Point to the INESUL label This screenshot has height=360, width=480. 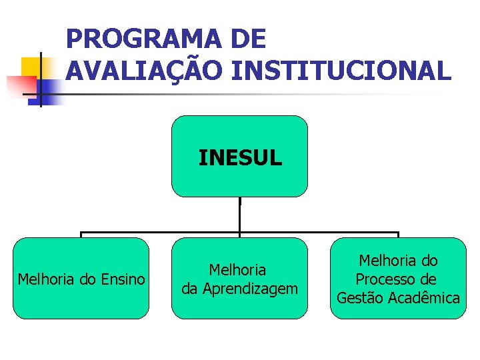(240, 158)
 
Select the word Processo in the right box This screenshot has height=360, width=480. (386, 279)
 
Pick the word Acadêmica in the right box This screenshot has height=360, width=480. (423, 297)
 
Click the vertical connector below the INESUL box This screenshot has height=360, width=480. (240, 215)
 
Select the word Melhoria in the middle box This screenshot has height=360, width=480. (237, 270)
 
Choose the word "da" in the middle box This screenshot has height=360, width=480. (190, 289)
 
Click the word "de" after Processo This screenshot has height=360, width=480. (428, 279)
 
